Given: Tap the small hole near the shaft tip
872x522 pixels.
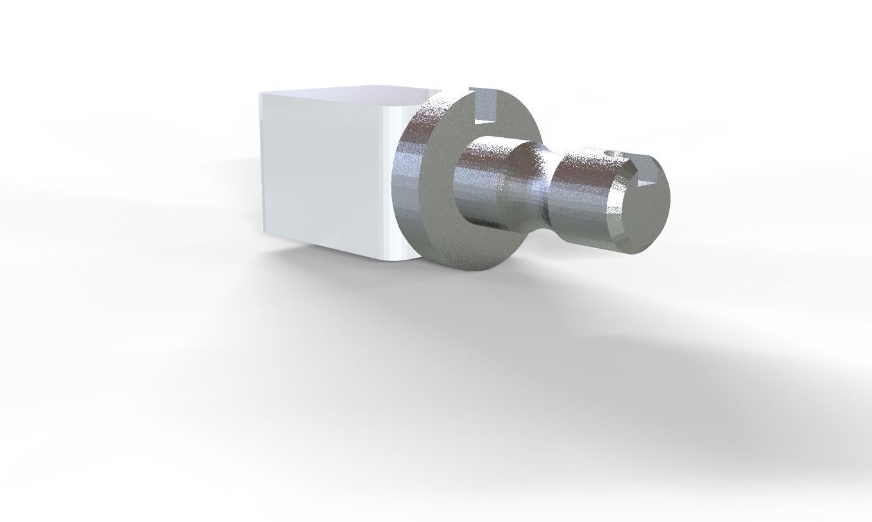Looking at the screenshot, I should click(x=610, y=154).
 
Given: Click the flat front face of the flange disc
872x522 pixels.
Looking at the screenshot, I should click(x=443, y=212).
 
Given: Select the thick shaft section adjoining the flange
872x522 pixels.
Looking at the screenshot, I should click(x=478, y=186).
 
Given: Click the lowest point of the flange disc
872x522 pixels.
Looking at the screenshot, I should click(x=478, y=269).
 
